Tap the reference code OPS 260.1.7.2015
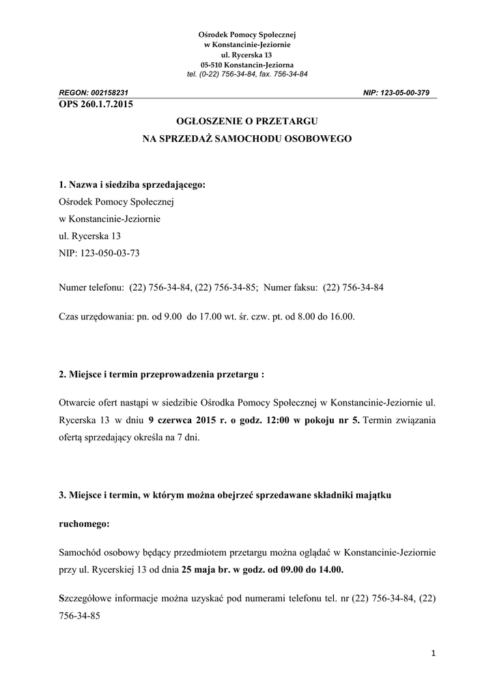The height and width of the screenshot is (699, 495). (x=96, y=104)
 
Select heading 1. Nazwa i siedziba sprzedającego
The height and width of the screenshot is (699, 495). (x=132, y=184)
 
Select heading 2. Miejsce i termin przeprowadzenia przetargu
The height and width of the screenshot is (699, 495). (x=161, y=375)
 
